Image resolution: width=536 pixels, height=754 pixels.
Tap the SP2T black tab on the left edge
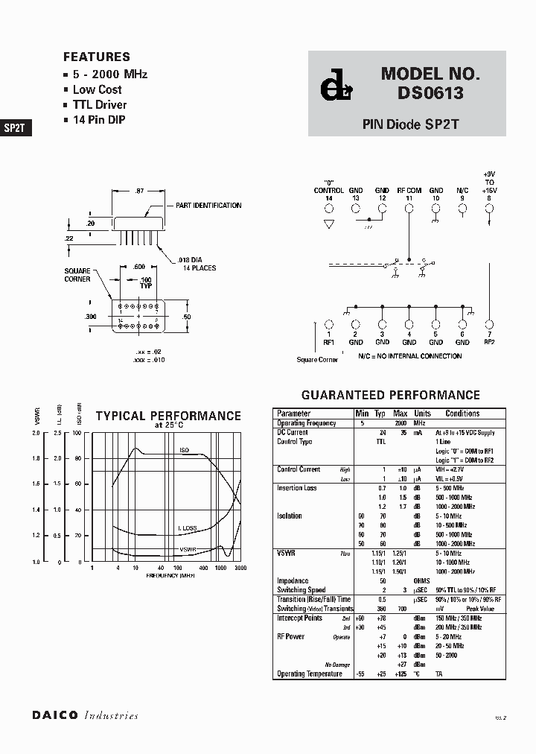(15, 127)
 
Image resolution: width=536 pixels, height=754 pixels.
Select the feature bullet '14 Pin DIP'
(100, 120)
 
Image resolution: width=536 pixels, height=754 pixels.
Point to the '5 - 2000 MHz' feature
(109, 74)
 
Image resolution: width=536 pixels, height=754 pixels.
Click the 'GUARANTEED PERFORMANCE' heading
(390, 395)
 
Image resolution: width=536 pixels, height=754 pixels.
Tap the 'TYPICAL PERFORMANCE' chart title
(168, 416)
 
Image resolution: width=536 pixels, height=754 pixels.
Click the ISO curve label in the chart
(185, 450)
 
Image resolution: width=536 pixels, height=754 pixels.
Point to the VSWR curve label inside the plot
(188, 550)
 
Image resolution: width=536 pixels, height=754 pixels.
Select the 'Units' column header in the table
(422, 414)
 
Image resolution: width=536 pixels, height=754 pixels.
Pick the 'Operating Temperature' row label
(310, 674)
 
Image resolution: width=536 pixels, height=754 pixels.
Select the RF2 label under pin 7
(489, 342)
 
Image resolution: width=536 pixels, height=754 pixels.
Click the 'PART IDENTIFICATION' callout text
(208, 206)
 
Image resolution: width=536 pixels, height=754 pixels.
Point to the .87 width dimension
(140, 191)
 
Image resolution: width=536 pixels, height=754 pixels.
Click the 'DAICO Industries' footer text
(85, 715)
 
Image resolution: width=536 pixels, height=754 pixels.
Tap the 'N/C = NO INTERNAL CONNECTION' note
(409, 356)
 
